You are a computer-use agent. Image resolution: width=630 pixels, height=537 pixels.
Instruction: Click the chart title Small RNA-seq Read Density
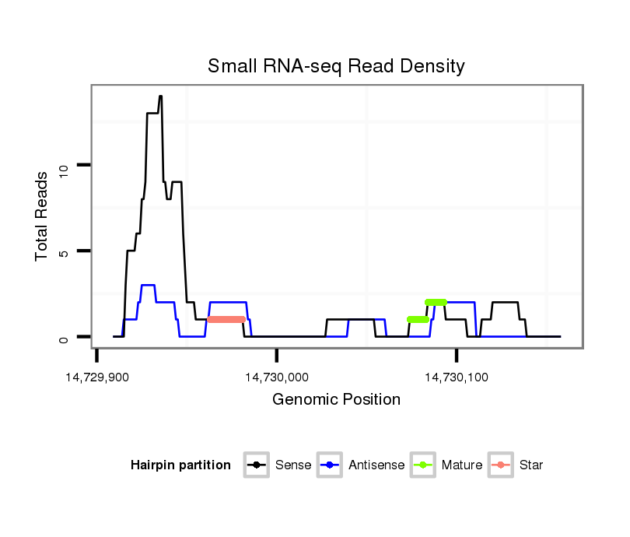(x=336, y=66)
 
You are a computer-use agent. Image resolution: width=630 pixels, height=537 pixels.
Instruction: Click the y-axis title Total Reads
(x=44, y=216)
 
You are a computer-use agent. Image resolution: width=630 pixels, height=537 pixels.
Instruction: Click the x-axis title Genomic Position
(x=336, y=400)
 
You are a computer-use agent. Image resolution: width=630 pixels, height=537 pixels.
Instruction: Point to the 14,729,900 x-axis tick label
(x=97, y=377)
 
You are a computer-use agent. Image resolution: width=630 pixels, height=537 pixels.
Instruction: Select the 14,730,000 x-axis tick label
(x=277, y=377)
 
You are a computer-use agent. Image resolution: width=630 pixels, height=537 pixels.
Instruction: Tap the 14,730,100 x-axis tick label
(x=457, y=377)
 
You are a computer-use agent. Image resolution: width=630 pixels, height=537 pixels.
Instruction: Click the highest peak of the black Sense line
(x=160, y=97)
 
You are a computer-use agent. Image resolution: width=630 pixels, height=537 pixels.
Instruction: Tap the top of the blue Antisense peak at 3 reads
(x=148, y=286)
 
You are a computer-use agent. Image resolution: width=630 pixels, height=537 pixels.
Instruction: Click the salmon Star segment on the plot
(x=226, y=319)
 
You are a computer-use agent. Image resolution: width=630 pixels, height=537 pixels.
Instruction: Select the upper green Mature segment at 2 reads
(x=436, y=302)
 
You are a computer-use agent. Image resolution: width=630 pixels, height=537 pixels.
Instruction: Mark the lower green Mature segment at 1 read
(x=418, y=319)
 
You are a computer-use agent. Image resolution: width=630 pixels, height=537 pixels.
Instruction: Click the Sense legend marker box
(x=256, y=465)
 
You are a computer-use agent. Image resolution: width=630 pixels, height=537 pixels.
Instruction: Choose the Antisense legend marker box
(x=330, y=465)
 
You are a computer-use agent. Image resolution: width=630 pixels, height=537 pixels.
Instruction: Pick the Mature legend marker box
(x=423, y=465)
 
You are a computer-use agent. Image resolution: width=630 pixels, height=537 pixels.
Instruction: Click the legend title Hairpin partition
(x=180, y=465)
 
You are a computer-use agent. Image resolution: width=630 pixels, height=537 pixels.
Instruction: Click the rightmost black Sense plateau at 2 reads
(x=506, y=302)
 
